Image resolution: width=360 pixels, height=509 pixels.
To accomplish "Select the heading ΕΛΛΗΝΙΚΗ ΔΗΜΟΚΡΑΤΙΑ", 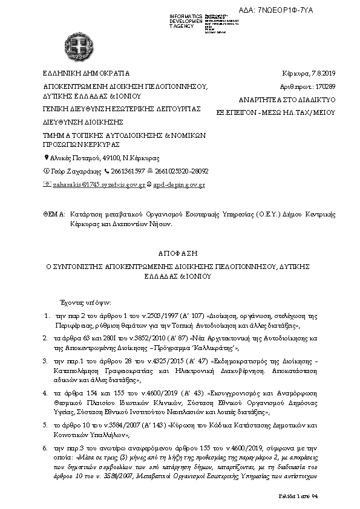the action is pos(82,73).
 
